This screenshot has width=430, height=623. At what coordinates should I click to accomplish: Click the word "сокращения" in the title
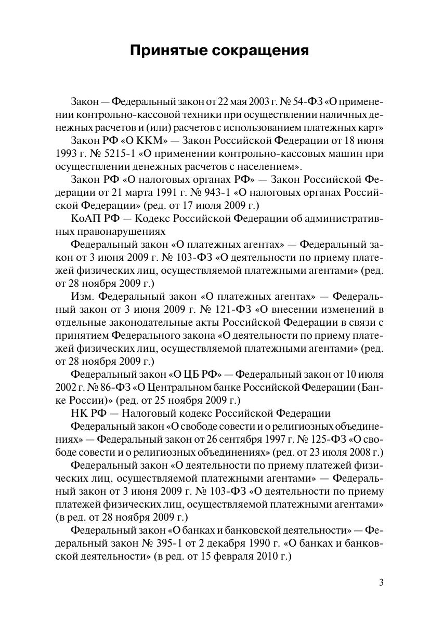tap(260, 51)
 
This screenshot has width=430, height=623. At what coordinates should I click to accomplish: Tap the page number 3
tap(381, 582)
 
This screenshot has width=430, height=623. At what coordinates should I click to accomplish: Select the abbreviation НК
tap(79, 413)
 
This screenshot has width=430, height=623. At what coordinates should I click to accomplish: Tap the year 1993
tap(64, 154)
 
